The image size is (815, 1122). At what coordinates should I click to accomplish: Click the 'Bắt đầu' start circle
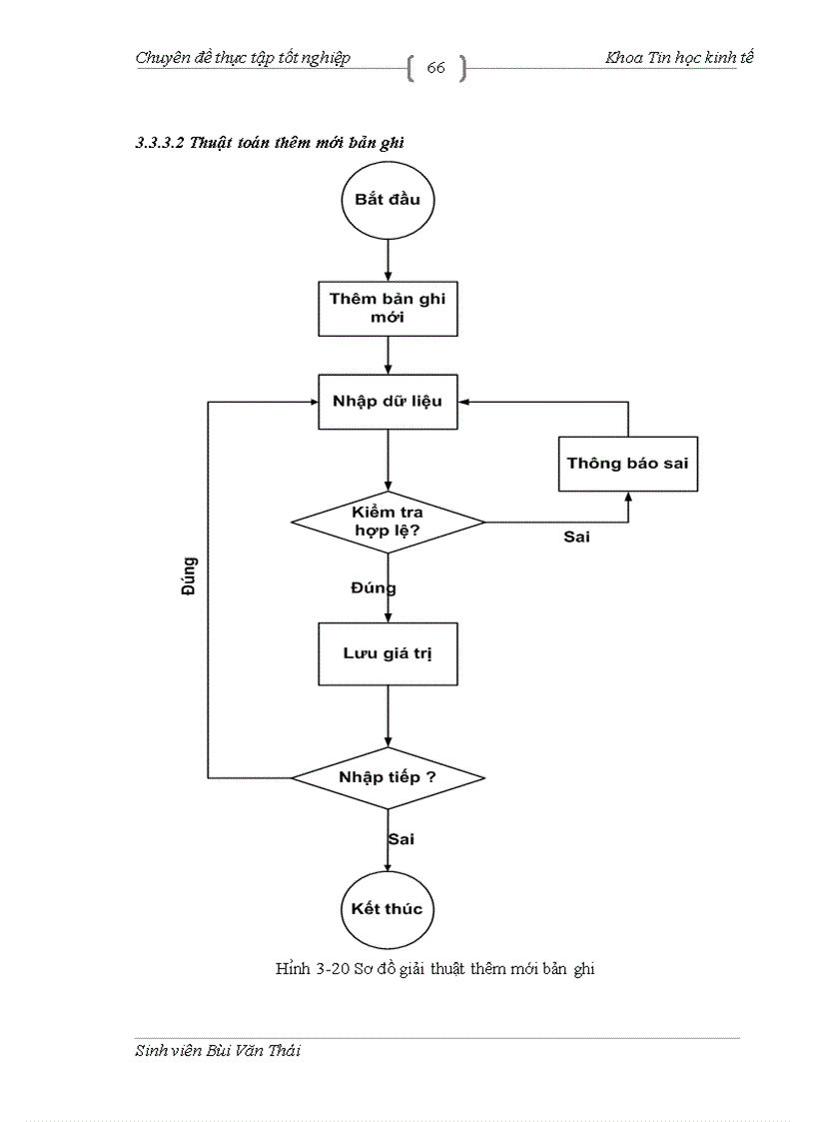pyautogui.click(x=388, y=200)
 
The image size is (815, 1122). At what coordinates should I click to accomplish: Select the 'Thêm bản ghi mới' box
pyautogui.click(x=388, y=309)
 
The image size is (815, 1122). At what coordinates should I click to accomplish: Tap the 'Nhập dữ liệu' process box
pyautogui.click(x=388, y=402)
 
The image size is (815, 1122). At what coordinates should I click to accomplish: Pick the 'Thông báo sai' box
pyautogui.click(x=627, y=464)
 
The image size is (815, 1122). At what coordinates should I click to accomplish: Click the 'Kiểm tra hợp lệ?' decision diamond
pyautogui.click(x=388, y=522)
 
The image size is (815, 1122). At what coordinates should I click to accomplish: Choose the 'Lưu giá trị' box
pyautogui.click(x=388, y=654)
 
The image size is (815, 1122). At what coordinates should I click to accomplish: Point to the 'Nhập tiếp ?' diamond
pyautogui.click(x=388, y=777)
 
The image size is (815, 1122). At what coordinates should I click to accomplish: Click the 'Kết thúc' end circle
pyautogui.click(x=388, y=909)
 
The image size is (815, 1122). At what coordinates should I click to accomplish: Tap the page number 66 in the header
pyautogui.click(x=436, y=68)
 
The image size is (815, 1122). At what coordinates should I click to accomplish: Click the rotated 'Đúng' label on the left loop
pyautogui.click(x=189, y=576)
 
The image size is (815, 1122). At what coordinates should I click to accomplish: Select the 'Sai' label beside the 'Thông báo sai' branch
pyautogui.click(x=576, y=538)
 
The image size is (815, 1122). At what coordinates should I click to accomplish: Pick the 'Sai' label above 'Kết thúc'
pyautogui.click(x=401, y=839)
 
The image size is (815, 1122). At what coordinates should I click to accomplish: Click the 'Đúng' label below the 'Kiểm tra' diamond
pyautogui.click(x=373, y=588)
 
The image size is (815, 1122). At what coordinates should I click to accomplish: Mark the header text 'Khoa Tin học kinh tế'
pyautogui.click(x=679, y=58)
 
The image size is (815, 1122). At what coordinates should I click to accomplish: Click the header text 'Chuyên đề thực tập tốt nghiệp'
pyautogui.click(x=243, y=58)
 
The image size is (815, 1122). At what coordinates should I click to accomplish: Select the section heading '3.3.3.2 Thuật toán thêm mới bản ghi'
pyautogui.click(x=269, y=143)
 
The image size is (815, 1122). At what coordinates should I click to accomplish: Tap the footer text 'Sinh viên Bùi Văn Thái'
pyautogui.click(x=217, y=1051)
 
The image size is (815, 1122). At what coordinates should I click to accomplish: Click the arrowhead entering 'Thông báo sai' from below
pyautogui.click(x=628, y=497)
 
